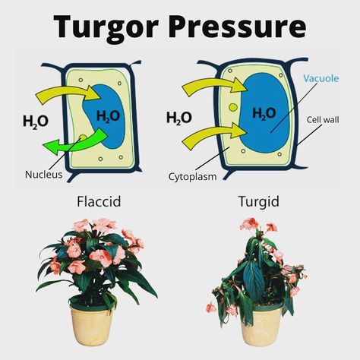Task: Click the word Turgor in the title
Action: [x=106, y=27]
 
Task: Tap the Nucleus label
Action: [x=43, y=175]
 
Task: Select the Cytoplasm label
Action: [x=192, y=176]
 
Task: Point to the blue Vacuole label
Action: [x=321, y=78]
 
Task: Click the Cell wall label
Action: [x=323, y=119]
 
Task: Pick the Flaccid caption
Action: [x=99, y=201]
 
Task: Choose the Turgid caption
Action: [x=259, y=202]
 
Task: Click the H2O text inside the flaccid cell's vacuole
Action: [x=108, y=117]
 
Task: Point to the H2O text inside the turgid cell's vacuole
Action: [x=264, y=113]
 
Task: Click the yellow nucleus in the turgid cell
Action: [x=233, y=108]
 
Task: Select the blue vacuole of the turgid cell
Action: [x=264, y=112]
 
